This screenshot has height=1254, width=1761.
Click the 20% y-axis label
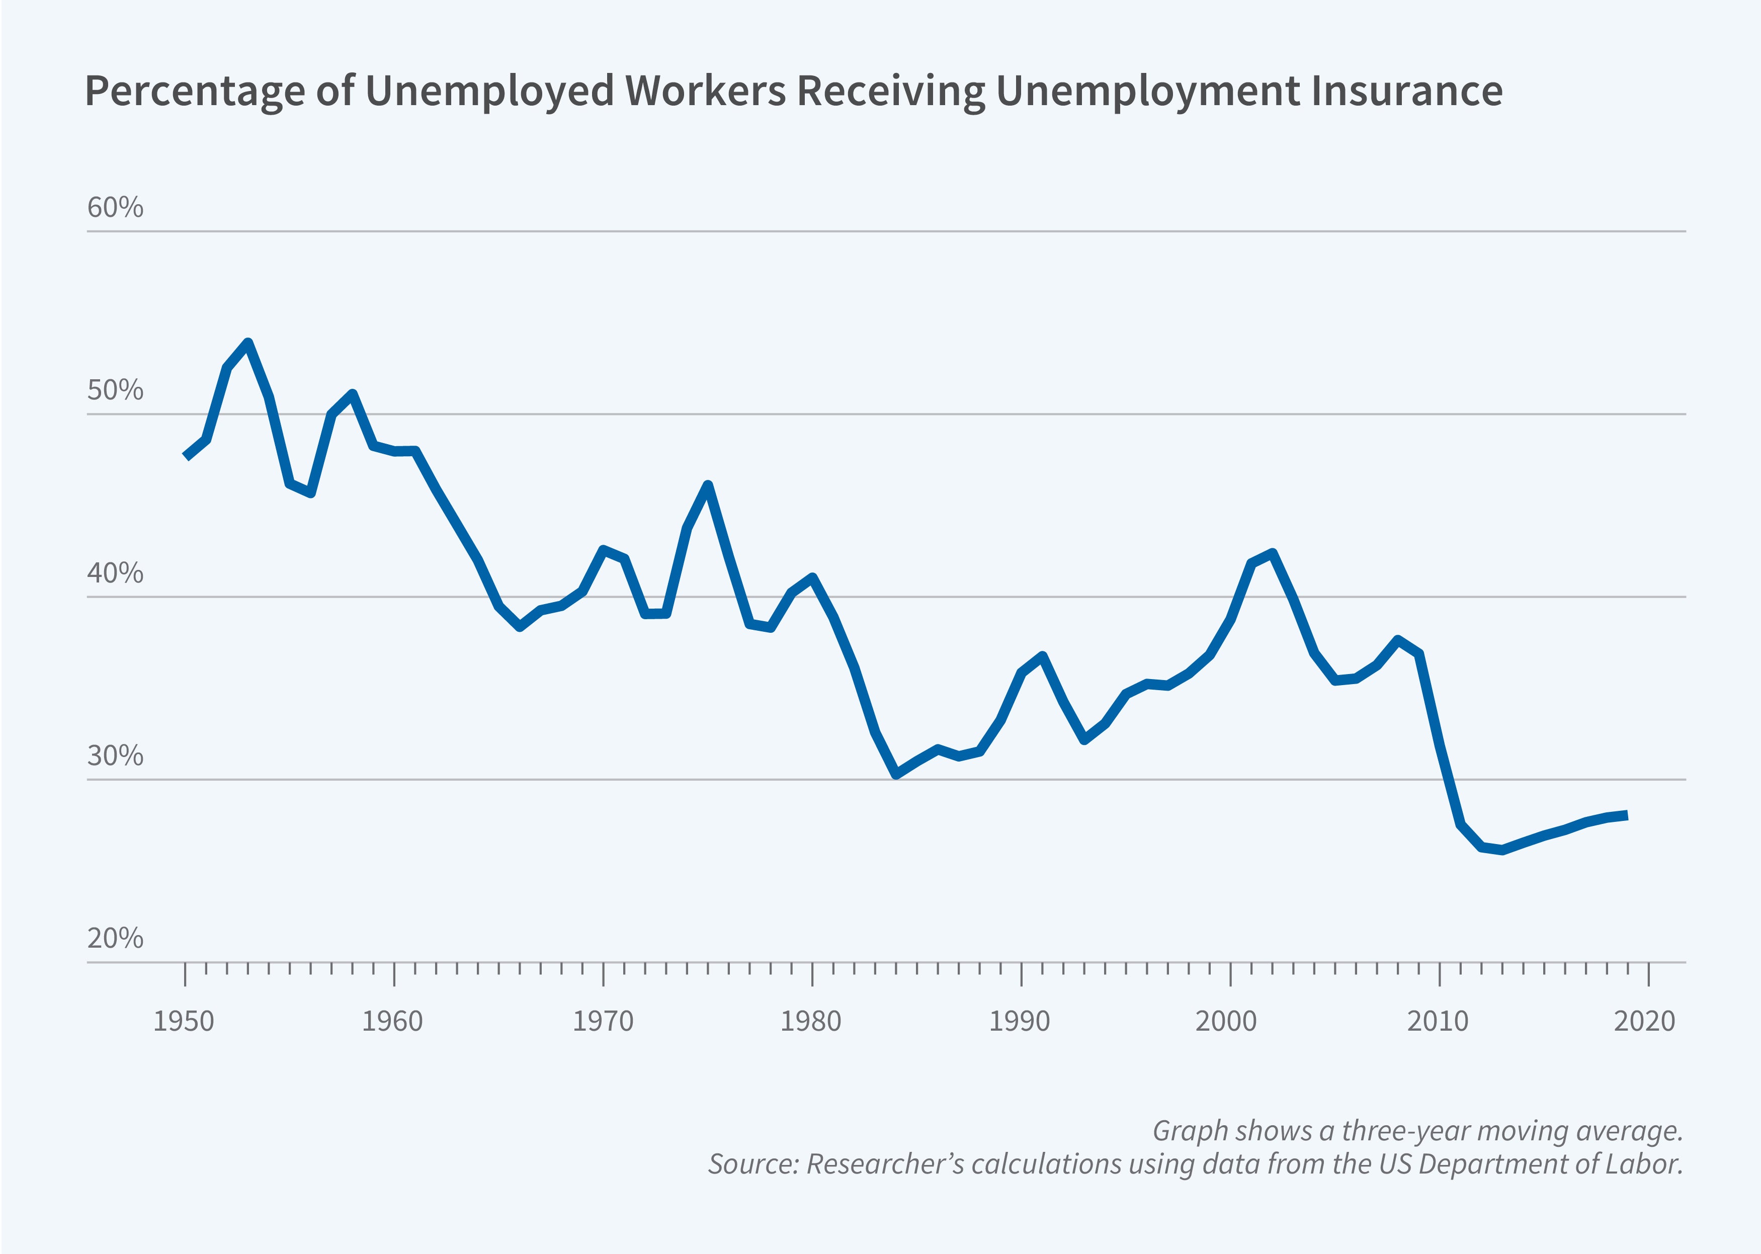point(115,938)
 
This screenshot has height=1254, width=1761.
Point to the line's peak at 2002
point(1272,553)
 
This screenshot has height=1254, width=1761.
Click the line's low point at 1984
point(896,774)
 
